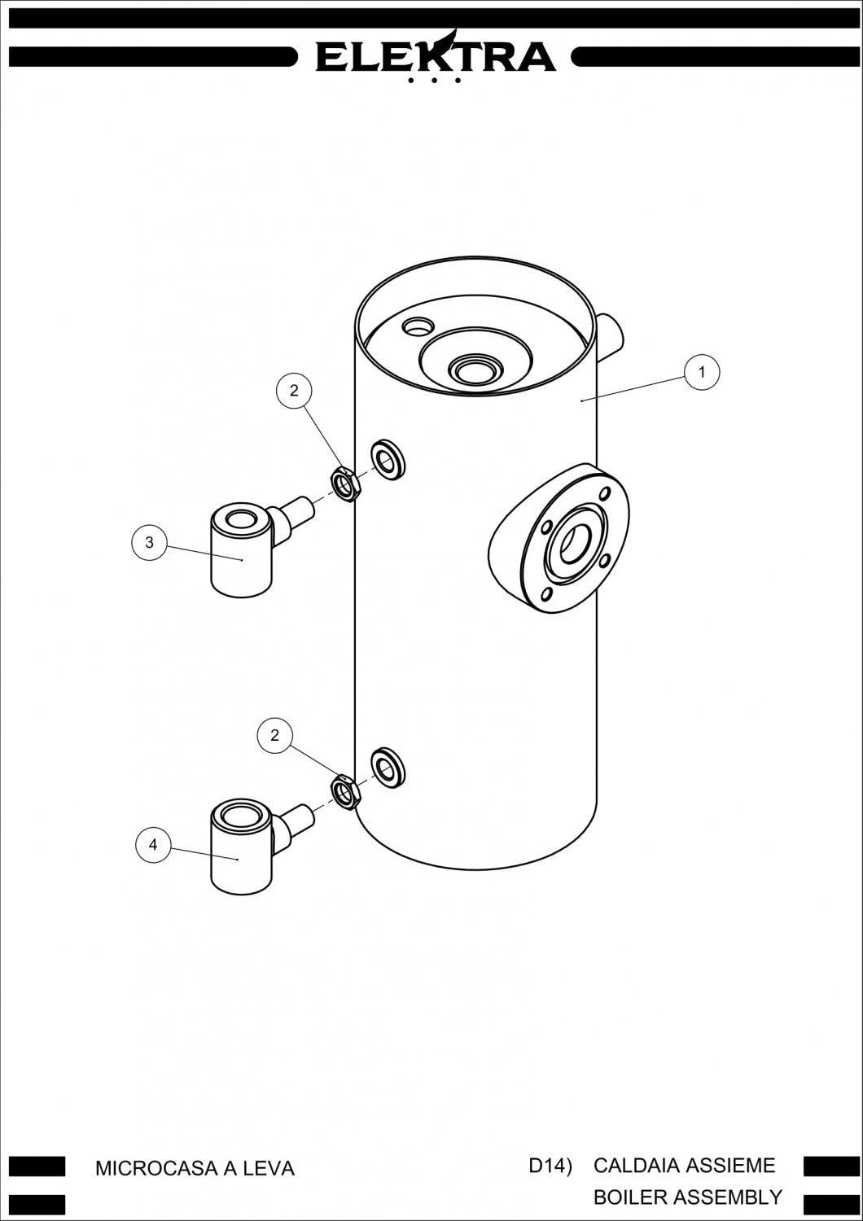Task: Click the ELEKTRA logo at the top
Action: pyautogui.click(x=436, y=55)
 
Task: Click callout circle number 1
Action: pyautogui.click(x=702, y=372)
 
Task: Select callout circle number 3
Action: pyautogui.click(x=149, y=542)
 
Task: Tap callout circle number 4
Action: pyautogui.click(x=153, y=844)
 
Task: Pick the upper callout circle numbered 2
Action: pyautogui.click(x=295, y=390)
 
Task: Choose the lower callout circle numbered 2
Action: pyautogui.click(x=274, y=735)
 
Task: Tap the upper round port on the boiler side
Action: pyautogui.click(x=388, y=460)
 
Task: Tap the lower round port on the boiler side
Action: pyautogui.click(x=388, y=768)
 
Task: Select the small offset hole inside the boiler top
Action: pyautogui.click(x=418, y=326)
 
